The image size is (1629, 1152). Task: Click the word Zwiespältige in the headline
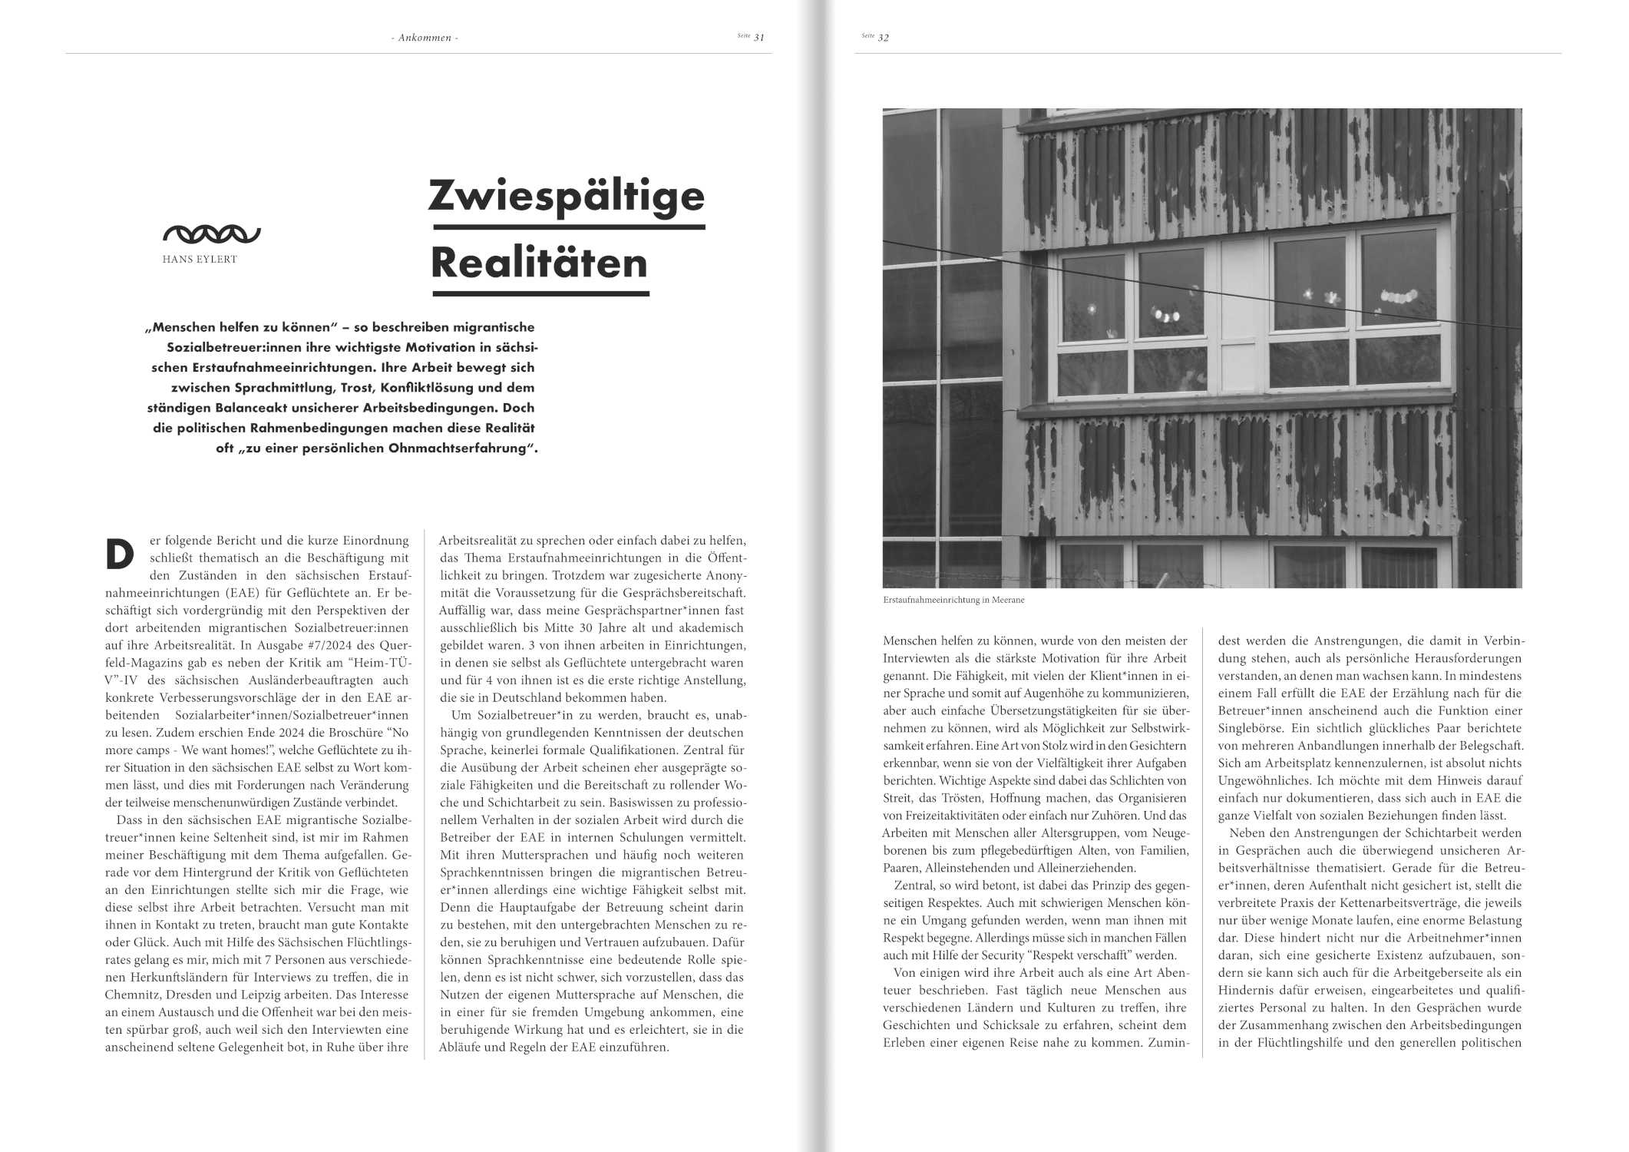click(x=566, y=196)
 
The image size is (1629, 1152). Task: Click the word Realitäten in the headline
click(x=539, y=263)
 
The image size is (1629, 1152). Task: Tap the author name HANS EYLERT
click(x=200, y=260)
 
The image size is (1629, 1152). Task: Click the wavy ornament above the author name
click(x=211, y=234)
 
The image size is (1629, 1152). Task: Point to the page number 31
click(x=758, y=38)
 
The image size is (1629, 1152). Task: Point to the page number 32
click(x=884, y=38)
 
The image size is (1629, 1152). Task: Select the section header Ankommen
click(x=424, y=38)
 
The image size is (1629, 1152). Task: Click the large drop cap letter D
click(x=120, y=554)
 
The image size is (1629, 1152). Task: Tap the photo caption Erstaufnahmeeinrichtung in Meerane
click(x=953, y=600)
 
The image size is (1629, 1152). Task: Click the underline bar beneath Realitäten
click(x=540, y=293)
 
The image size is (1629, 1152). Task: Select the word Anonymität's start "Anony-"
click(x=724, y=576)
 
